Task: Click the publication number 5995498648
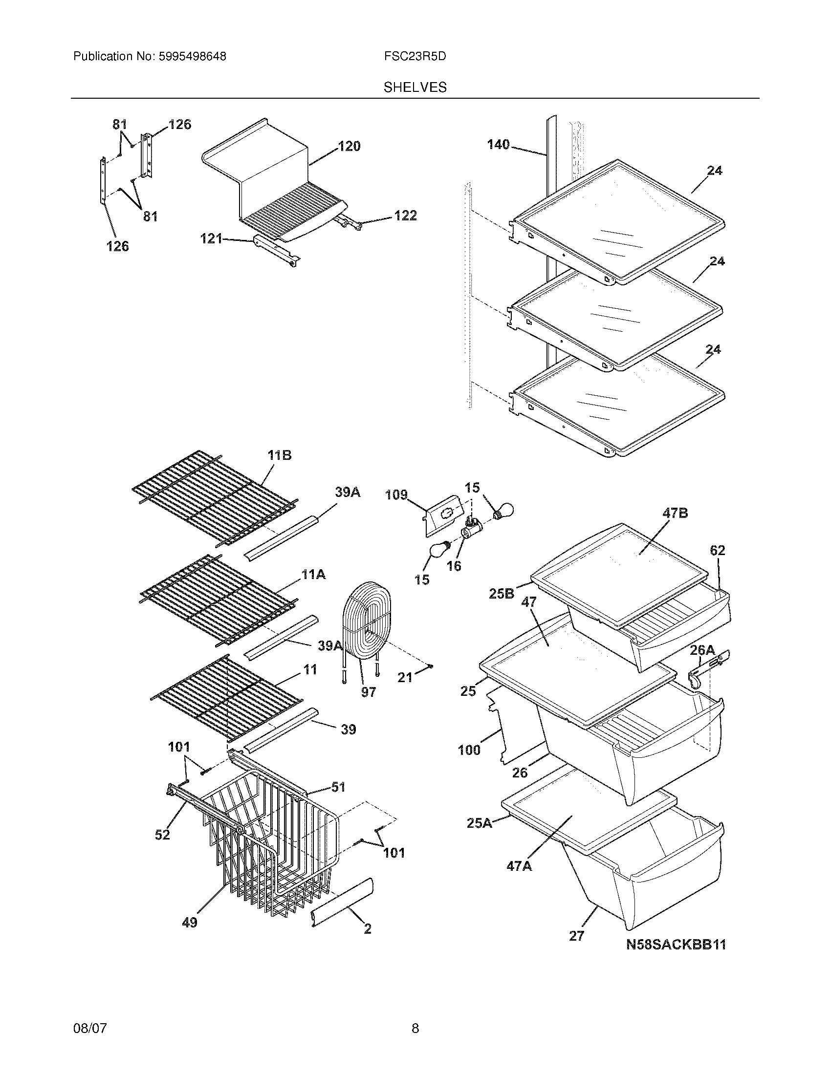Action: point(192,57)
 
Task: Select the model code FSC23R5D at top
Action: point(415,57)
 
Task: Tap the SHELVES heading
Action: point(415,87)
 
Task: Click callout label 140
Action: point(498,145)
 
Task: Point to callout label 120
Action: point(349,146)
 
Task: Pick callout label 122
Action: point(405,215)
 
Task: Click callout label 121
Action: point(211,239)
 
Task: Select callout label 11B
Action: point(279,455)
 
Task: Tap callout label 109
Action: point(396,494)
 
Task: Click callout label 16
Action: point(454,566)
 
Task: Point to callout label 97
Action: point(368,692)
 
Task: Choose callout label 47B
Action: point(675,514)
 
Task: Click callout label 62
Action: point(717,550)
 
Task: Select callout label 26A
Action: point(702,650)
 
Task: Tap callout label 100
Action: point(469,750)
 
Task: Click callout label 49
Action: point(190,923)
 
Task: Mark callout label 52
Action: point(162,834)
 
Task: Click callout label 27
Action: point(576,936)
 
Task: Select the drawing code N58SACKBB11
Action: point(676,945)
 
